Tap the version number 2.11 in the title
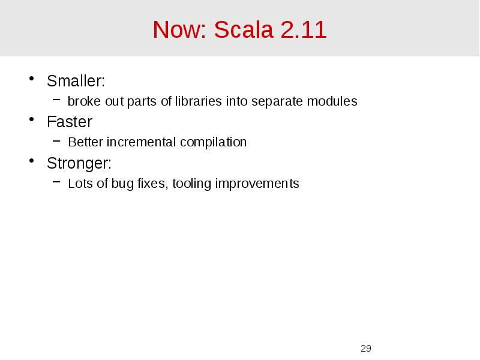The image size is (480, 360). (303, 29)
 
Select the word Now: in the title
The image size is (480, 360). (178, 29)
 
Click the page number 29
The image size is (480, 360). (365, 349)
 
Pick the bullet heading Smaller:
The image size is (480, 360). (76, 80)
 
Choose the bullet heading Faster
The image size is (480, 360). (70, 122)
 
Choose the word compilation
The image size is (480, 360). (217, 143)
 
